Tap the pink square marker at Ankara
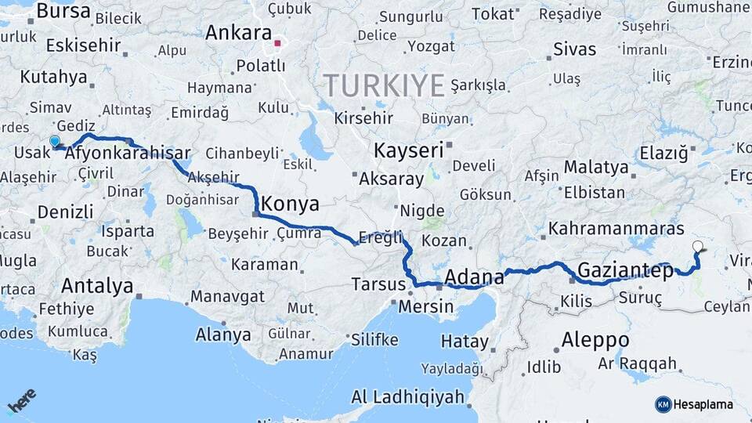click(x=278, y=35)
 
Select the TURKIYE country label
click(x=384, y=85)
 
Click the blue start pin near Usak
click(x=55, y=142)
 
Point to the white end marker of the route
click(x=697, y=247)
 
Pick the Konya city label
click(x=290, y=204)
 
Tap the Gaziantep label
click(x=625, y=272)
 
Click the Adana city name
click(x=474, y=277)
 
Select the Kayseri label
click(x=408, y=150)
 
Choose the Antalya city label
click(x=97, y=286)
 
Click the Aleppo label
click(x=595, y=340)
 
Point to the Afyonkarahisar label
click(x=128, y=154)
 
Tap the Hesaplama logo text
click(x=703, y=404)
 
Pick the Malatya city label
click(x=596, y=167)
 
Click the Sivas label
click(x=574, y=49)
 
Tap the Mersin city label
click(x=425, y=306)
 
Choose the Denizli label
click(x=65, y=211)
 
